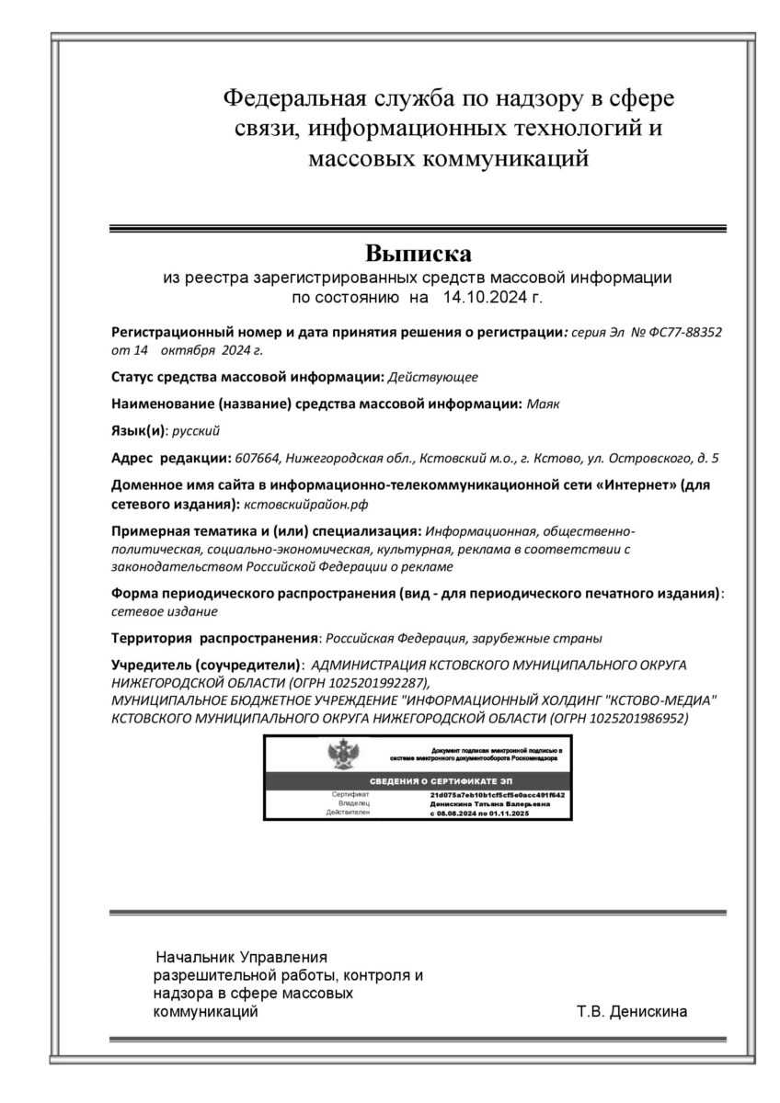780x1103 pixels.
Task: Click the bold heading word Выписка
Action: [418, 252]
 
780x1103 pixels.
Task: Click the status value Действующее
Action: [433, 376]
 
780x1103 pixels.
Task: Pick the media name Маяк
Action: [542, 403]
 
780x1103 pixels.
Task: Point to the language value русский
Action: [196, 429]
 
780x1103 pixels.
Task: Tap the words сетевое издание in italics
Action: [164, 610]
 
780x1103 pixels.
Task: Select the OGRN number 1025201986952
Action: [638, 717]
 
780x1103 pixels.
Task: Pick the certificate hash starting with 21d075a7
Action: [497, 793]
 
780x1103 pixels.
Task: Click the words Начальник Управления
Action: [242, 956]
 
